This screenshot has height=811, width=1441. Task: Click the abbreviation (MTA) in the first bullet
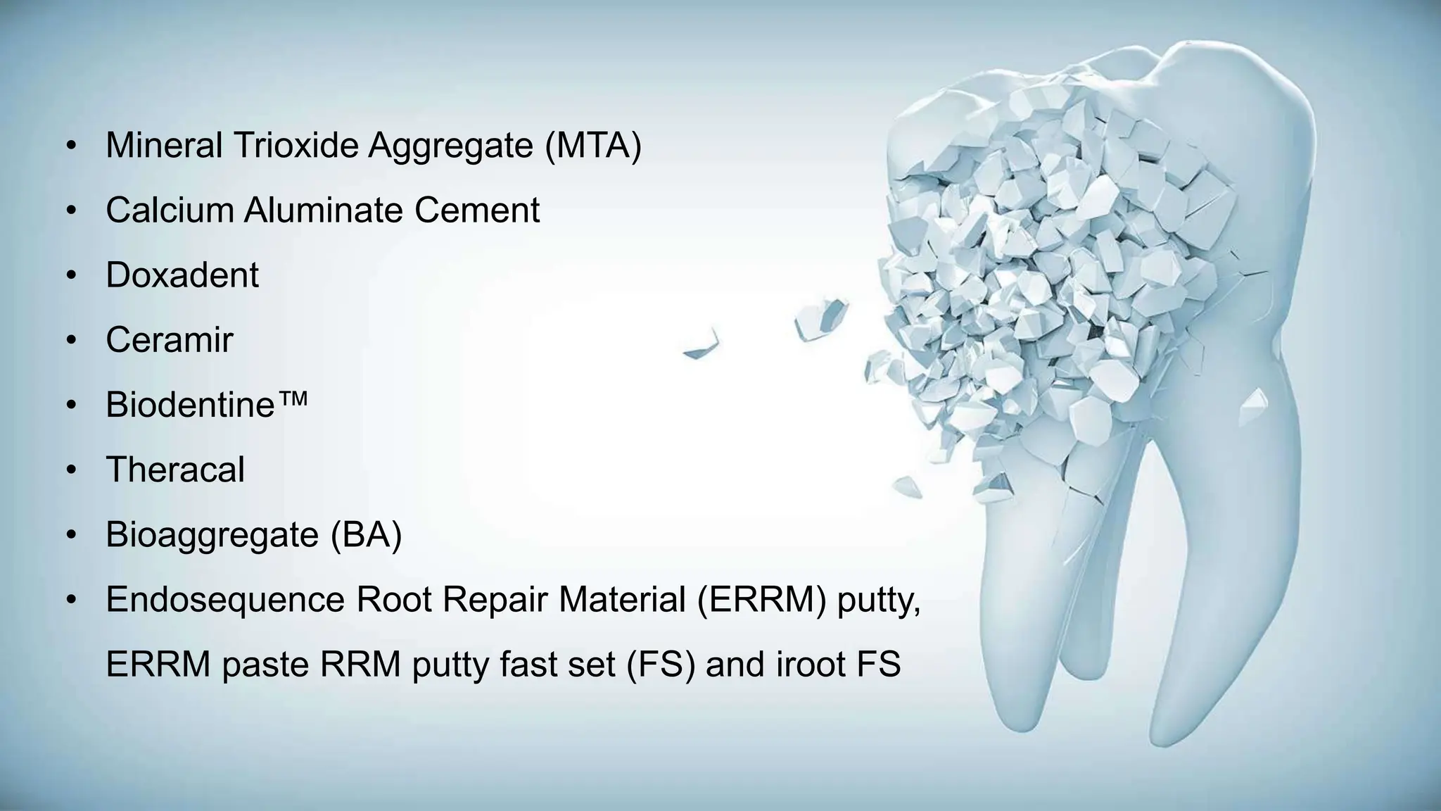[592, 146]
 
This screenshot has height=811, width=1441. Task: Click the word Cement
[476, 210]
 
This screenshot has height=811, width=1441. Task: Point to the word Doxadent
[182, 275]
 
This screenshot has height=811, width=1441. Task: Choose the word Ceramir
[169, 340]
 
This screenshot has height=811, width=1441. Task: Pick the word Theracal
[175, 470]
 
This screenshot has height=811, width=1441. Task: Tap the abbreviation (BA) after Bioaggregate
[366, 535]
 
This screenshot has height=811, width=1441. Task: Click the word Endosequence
[225, 600]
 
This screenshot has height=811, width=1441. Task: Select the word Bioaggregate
[212, 535]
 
